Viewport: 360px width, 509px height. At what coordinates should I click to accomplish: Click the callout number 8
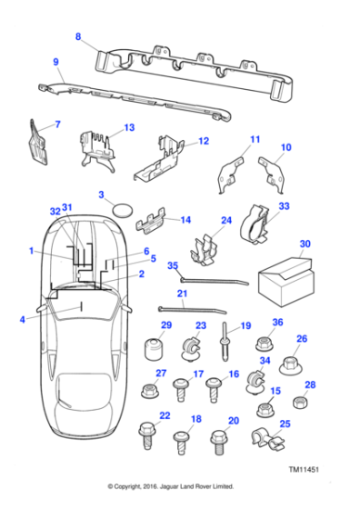point(77,36)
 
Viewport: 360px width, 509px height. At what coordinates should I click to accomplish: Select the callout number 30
point(305,244)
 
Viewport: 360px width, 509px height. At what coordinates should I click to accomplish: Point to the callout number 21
point(181,293)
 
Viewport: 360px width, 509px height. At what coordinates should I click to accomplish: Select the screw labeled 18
point(182,444)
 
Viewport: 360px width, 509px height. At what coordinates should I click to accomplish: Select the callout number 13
point(128,127)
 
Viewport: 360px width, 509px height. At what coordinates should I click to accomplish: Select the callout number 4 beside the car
point(22,319)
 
